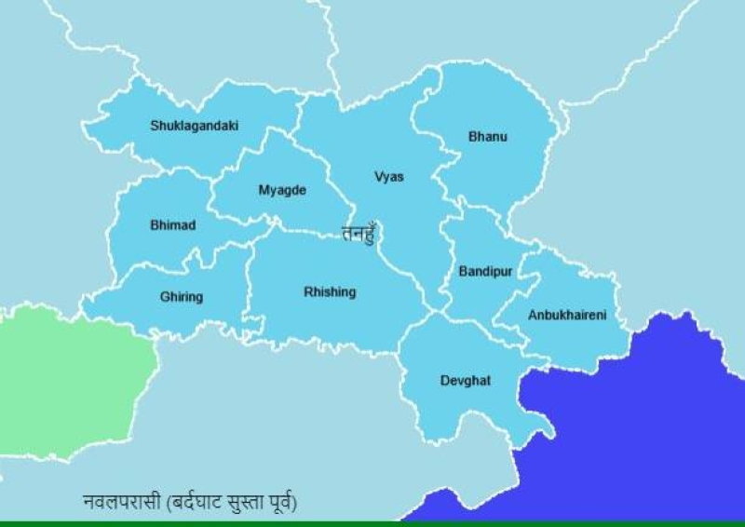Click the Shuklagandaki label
[x=194, y=126]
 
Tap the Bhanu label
[x=487, y=138]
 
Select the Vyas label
[x=388, y=177]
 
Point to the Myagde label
[x=281, y=191]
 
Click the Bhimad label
[x=172, y=225]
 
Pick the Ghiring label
[x=181, y=297]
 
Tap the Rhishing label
[x=330, y=292]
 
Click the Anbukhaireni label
[x=566, y=316]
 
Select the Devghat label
[x=465, y=381]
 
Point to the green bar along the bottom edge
[x=372, y=523]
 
